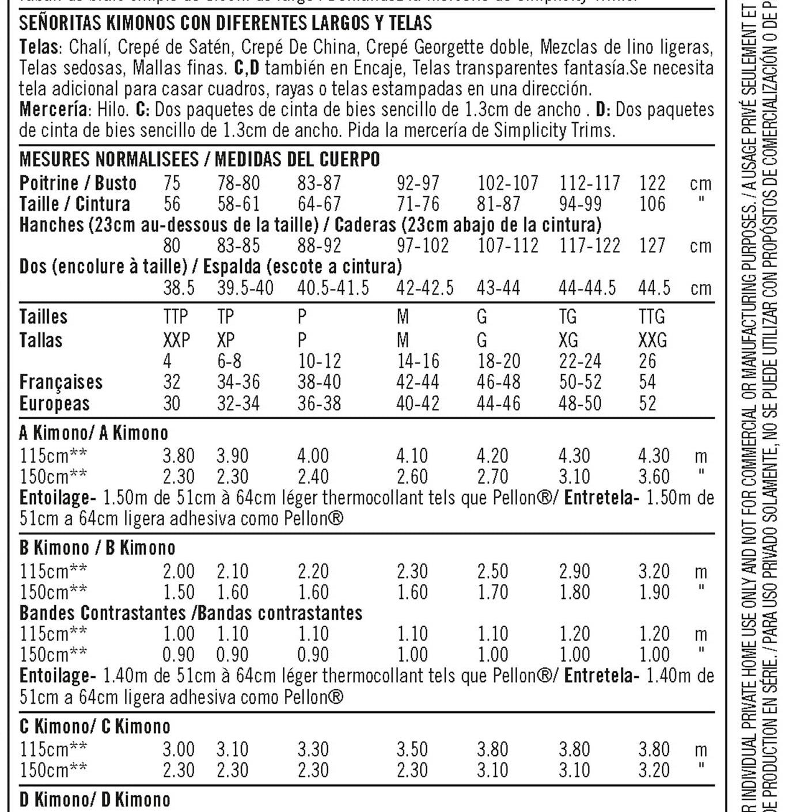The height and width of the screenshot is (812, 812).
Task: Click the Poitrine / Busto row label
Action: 78,183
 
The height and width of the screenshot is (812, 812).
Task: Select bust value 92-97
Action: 418,183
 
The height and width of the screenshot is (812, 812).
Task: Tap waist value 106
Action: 652,204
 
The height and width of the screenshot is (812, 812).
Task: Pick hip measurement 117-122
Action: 589,246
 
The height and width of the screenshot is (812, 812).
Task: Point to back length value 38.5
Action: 179,287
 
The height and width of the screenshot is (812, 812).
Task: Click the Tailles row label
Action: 43,317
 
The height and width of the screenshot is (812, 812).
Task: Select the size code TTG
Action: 651,317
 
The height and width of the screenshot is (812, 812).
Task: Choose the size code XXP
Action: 176,340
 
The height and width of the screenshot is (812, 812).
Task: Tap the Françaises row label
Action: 61,382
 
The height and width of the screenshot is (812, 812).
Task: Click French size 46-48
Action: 498,382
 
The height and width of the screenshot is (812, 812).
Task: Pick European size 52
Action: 647,403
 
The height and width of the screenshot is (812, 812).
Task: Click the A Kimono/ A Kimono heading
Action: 94,432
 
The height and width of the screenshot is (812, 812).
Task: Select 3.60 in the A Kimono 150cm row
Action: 654,477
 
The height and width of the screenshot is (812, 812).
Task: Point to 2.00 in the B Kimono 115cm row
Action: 179,571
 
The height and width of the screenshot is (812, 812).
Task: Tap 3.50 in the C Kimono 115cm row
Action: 412,749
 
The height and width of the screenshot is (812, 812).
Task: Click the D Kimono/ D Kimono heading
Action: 95,799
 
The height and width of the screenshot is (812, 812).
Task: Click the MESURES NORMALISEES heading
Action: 108,159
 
